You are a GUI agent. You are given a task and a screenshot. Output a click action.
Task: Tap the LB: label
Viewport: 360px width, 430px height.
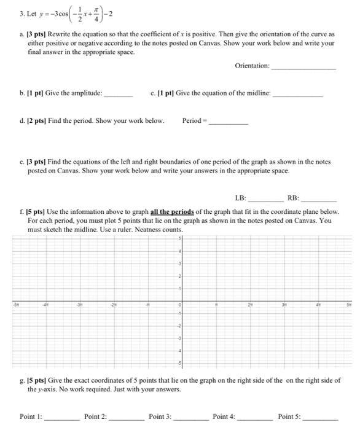(x=240, y=198)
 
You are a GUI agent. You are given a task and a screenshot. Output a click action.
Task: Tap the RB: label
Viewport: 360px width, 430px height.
(x=293, y=198)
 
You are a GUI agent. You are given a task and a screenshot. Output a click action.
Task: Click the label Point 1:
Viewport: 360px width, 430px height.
(x=31, y=416)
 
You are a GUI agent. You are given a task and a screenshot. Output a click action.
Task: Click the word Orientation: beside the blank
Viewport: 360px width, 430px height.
(x=252, y=66)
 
